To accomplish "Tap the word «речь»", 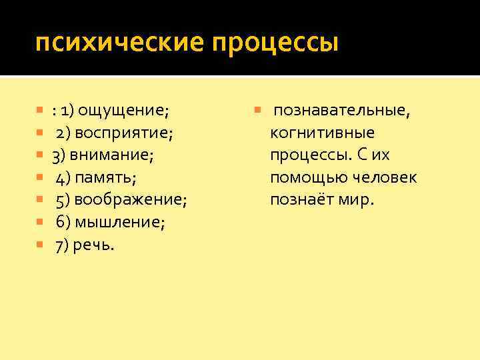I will click(x=97, y=245).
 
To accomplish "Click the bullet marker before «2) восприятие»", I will click(x=40, y=133).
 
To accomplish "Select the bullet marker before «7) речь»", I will click(x=40, y=245).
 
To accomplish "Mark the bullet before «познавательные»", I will click(x=259, y=110).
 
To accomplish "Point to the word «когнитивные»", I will click(x=322, y=133).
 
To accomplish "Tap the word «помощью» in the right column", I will click(x=302, y=178).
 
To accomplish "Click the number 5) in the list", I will click(x=64, y=200).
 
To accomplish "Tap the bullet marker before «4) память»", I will click(x=40, y=178).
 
